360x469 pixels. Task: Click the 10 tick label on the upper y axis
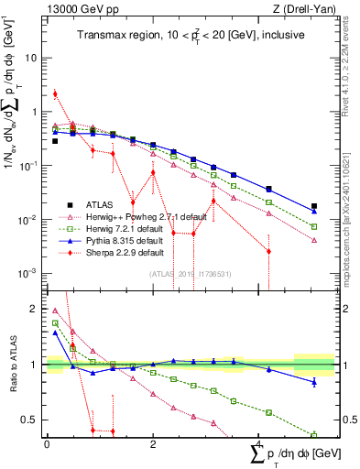click(x=31, y=57)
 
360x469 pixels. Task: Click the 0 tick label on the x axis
click(x=47, y=443)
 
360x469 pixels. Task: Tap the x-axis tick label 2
click(x=153, y=443)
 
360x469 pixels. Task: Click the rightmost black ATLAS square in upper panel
click(x=314, y=206)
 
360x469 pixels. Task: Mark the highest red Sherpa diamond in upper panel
click(x=56, y=93)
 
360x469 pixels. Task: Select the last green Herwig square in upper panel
click(x=314, y=226)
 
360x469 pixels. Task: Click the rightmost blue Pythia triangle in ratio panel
click(x=314, y=381)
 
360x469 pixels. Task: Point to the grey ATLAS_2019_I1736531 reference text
click(x=191, y=274)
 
